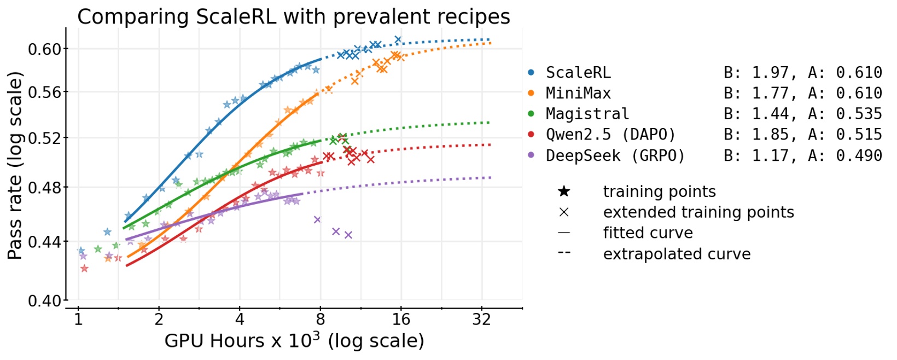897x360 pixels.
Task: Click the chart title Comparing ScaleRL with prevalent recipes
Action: click(293, 16)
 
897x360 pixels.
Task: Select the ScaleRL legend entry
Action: click(578, 72)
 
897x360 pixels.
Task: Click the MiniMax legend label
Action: click(578, 93)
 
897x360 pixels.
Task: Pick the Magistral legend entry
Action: click(587, 114)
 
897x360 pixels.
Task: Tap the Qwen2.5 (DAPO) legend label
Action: click(610, 135)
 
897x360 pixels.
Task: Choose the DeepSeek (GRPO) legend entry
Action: click(615, 155)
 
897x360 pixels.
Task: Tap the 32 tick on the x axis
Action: click(481, 319)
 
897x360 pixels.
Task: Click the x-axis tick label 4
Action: click(240, 319)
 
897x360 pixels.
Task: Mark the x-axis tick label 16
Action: click(401, 319)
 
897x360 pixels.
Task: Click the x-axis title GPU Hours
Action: click(294, 341)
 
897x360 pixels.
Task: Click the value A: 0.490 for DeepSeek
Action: click(844, 155)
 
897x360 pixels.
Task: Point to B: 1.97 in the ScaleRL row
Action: click(755, 72)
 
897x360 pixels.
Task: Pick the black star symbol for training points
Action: click(564, 191)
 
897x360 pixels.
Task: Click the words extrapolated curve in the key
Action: click(677, 254)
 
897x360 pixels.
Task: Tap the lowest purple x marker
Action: click(348, 235)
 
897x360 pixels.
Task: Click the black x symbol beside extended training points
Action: click(564, 212)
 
